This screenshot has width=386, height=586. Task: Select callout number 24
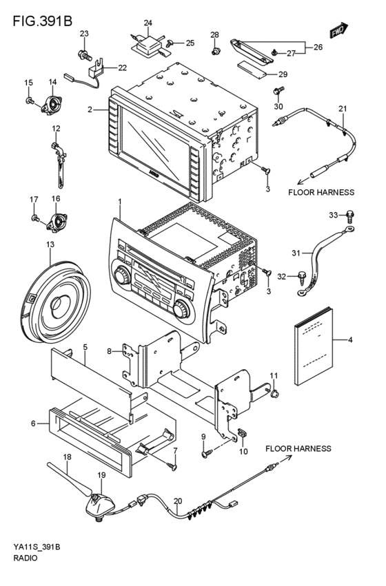148,23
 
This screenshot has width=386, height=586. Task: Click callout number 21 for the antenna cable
343,109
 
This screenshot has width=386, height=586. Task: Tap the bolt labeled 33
352,216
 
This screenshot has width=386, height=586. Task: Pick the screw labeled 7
173,466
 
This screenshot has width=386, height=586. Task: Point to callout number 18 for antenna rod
67,457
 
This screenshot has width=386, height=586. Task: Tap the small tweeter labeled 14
52,105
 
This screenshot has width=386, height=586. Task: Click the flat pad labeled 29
252,68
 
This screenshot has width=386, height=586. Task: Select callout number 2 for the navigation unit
90,109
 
